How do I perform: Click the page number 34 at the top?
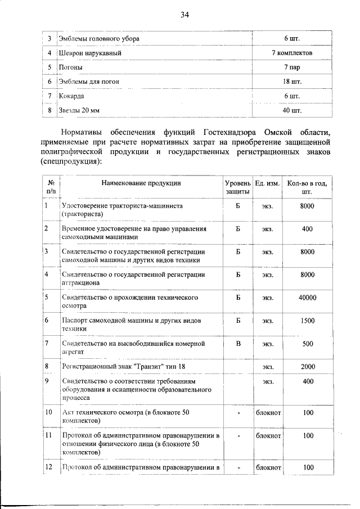tap(184, 15)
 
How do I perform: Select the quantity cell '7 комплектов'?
tap(292, 53)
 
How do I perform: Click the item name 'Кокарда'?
tap(73, 96)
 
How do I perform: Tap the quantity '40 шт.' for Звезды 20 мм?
tap(292, 110)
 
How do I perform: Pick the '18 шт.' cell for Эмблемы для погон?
tap(292, 82)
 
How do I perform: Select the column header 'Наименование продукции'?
tap(141, 183)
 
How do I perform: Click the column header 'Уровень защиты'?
tap(238, 187)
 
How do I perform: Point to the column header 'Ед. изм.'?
tap(267, 183)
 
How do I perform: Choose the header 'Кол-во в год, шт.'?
tap(307, 187)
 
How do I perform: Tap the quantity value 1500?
tap(307, 321)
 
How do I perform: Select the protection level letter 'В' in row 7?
tap(238, 343)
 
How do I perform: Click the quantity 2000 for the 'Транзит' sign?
tap(307, 367)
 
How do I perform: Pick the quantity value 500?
tap(307, 343)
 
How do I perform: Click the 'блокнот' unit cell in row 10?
tap(268, 413)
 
